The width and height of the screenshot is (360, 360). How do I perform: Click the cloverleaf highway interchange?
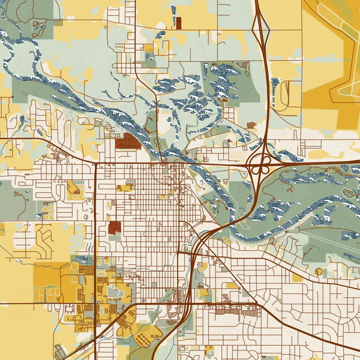[x=259, y=164]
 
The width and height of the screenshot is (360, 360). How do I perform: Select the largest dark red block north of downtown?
[x=127, y=141]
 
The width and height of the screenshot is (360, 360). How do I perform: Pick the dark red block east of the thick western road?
[x=115, y=227]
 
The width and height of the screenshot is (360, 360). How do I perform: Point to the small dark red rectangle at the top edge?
[x=178, y=23]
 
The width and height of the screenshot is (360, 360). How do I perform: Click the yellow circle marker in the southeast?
[x=318, y=272]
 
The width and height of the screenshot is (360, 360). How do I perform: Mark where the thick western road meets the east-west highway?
[x=95, y=162]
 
